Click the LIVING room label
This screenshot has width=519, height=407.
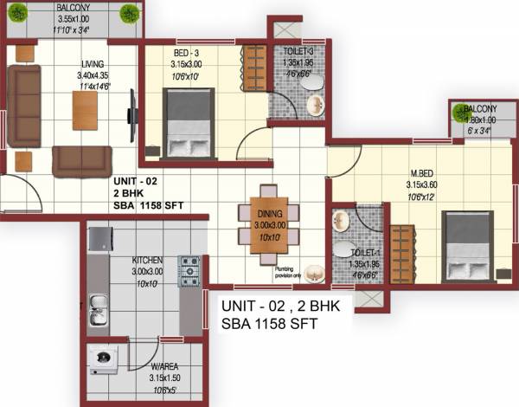coord(93,64)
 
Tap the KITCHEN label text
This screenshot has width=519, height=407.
coord(147,260)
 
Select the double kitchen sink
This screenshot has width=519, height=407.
coord(99,309)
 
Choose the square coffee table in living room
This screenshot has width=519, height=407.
coord(85,110)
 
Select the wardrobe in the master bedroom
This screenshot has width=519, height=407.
coord(401,254)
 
